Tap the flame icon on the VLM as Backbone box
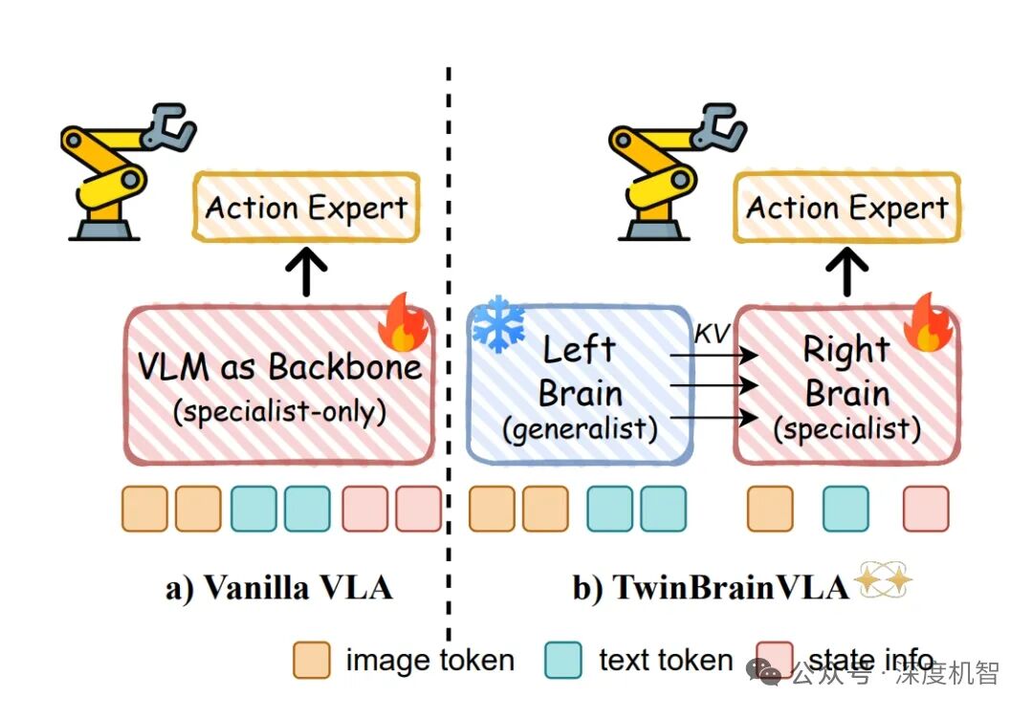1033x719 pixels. click(404, 324)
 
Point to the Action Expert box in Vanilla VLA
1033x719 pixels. click(307, 207)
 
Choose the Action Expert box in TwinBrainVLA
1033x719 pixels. click(847, 207)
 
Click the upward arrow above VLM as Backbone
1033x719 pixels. click(307, 272)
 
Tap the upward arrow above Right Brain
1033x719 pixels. click(847, 272)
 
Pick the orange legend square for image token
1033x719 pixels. click(311, 660)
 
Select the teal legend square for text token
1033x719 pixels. click(563, 660)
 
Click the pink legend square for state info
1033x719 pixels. click(774, 660)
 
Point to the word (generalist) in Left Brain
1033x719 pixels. click(581, 429)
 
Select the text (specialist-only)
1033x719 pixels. click(279, 413)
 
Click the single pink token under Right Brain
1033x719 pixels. click(926, 509)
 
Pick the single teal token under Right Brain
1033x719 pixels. click(846, 509)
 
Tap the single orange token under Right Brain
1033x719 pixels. click(770, 509)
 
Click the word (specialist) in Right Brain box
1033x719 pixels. click(847, 429)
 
